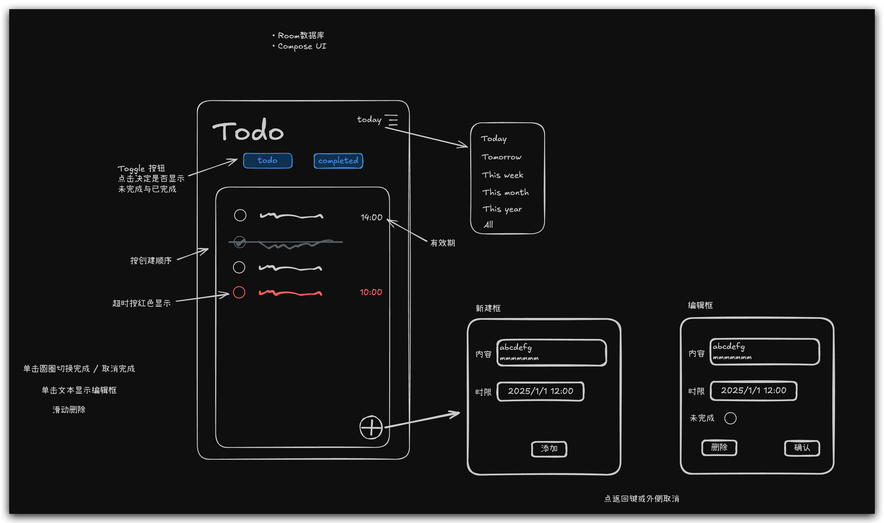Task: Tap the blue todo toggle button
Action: [x=267, y=161]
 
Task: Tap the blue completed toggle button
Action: [x=338, y=161]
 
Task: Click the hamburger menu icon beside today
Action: [x=391, y=120]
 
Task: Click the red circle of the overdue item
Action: [x=239, y=292]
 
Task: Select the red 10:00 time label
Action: [x=371, y=292]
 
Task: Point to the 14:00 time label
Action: [x=372, y=217]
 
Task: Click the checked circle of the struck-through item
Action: [x=240, y=242]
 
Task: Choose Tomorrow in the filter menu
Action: [x=501, y=157]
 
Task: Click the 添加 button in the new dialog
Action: [x=549, y=449]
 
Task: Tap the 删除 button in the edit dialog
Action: [x=719, y=448]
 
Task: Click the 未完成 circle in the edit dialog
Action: [x=730, y=418]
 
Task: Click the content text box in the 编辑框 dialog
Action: [x=764, y=352]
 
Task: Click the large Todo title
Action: [x=248, y=131]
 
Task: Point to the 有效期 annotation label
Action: [x=443, y=243]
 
